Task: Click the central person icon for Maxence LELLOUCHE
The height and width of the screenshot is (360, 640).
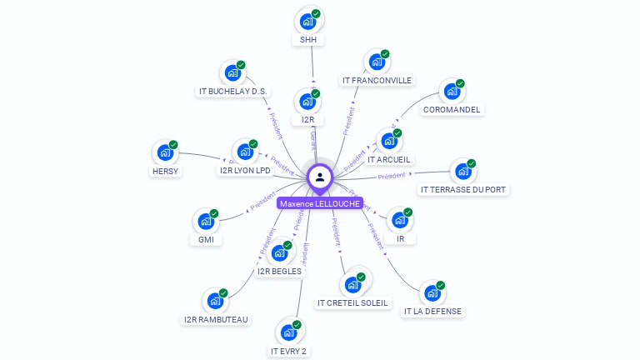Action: pos(320,177)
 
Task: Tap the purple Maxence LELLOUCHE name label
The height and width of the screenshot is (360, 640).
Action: pos(320,203)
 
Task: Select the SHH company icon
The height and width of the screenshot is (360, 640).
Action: pos(308,21)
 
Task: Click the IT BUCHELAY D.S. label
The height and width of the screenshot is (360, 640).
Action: pos(233,91)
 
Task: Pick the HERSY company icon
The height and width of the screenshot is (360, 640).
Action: pos(165,152)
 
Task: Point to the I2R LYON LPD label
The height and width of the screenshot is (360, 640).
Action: pos(245,171)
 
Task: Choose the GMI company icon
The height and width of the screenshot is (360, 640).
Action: pos(206,222)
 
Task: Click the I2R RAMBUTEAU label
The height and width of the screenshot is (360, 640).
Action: pos(216,319)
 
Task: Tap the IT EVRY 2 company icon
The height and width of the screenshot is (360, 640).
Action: pos(289,332)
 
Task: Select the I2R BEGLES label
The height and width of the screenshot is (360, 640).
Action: pos(280,271)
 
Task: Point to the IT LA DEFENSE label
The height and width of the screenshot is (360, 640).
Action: pos(432,311)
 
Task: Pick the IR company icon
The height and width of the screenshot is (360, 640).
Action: pos(401,221)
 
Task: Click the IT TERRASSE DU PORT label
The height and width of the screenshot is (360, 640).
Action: pos(463,189)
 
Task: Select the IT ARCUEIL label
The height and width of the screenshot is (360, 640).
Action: pos(390,159)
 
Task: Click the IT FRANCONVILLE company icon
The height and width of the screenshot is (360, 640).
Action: pos(377,62)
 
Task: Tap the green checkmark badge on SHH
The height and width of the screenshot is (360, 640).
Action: pos(317,13)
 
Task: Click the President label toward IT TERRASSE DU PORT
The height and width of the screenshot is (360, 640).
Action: pos(392,176)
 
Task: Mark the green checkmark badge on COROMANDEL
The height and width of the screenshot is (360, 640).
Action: pos(460,84)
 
